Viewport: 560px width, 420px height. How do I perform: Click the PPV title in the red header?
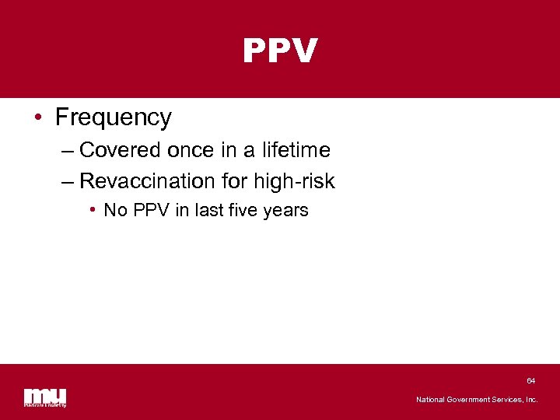click(280, 51)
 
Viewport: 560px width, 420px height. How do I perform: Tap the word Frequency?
click(114, 117)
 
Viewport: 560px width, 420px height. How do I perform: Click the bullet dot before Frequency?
click(37, 118)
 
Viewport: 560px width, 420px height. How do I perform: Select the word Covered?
click(121, 149)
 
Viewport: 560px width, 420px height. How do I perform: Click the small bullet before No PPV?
click(92, 210)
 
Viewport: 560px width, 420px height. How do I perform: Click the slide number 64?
click(530, 381)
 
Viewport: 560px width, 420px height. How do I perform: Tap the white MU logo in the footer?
click(45, 397)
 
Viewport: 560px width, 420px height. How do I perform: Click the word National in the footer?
click(431, 400)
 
